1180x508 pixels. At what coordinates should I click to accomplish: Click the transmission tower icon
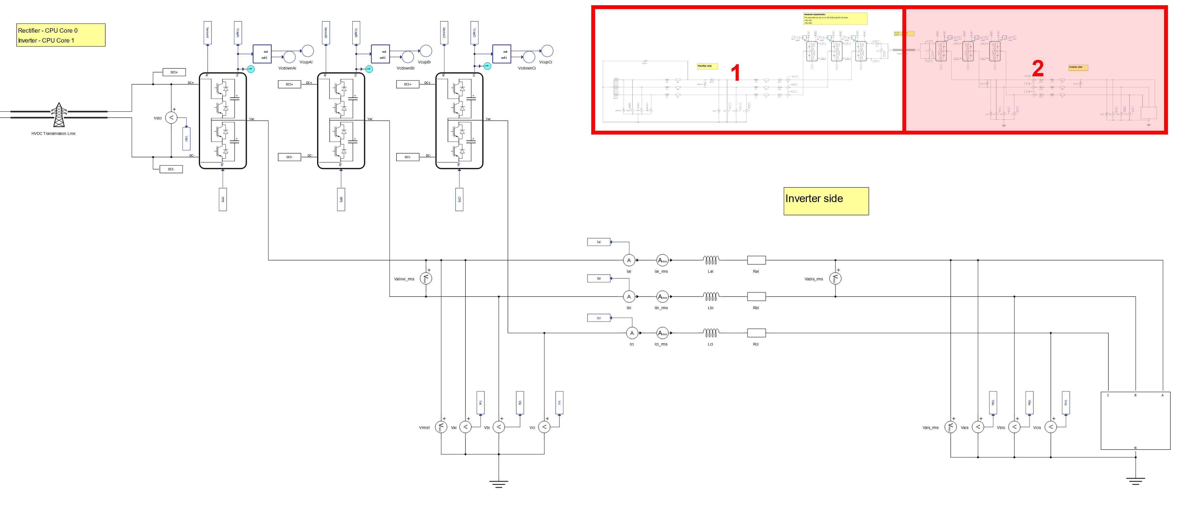(59, 115)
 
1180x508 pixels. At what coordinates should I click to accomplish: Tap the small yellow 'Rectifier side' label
(707, 66)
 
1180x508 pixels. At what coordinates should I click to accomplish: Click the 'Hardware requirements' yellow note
(835, 18)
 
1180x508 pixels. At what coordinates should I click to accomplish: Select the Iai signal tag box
(598, 242)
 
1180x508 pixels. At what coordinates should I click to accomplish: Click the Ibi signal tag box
(598, 278)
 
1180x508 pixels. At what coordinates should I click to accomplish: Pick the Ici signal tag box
(598, 318)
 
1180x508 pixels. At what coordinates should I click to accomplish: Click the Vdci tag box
(186, 139)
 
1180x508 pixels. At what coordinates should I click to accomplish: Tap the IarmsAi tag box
(208, 33)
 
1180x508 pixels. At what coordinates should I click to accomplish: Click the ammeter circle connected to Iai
(629, 260)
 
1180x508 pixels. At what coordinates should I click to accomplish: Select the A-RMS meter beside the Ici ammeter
(662, 333)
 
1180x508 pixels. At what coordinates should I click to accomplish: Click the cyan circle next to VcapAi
(250, 69)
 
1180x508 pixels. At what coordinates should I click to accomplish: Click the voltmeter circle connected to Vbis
(1014, 427)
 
